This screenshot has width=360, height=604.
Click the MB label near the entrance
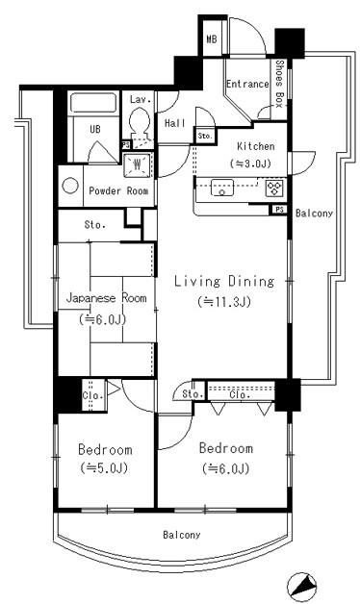[x=212, y=38]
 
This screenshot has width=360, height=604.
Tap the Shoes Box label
[x=279, y=84]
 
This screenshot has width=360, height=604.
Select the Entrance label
[x=247, y=84]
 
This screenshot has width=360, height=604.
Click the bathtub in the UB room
[x=94, y=102]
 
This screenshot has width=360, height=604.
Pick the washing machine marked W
[x=137, y=164]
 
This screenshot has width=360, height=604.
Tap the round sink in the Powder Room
[x=69, y=186]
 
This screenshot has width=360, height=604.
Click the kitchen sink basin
[x=221, y=188]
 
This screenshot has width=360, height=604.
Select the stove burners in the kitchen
[x=273, y=189]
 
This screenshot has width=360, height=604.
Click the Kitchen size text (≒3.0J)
[x=251, y=164]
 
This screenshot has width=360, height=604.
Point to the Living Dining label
[x=224, y=281]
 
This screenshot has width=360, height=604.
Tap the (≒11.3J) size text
[x=224, y=302]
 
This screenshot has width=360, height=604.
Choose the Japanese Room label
[x=107, y=298]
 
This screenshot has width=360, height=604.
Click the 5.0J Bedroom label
[x=105, y=449]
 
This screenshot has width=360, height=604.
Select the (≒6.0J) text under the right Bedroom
[x=226, y=468]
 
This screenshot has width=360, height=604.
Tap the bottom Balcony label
[x=182, y=535]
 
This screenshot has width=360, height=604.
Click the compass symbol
[x=302, y=588]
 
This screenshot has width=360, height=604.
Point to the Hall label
[x=175, y=123]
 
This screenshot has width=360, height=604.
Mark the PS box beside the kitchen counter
[x=279, y=210]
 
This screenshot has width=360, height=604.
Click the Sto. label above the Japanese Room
[x=95, y=224]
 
